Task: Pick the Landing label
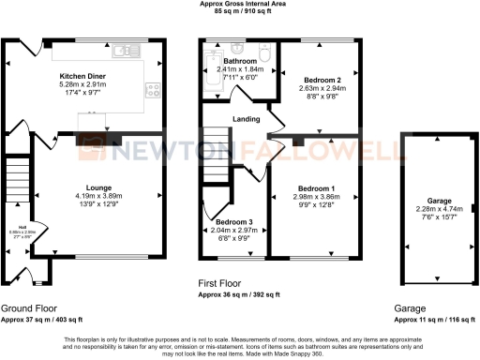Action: pyautogui.click(x=247, y=117)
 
